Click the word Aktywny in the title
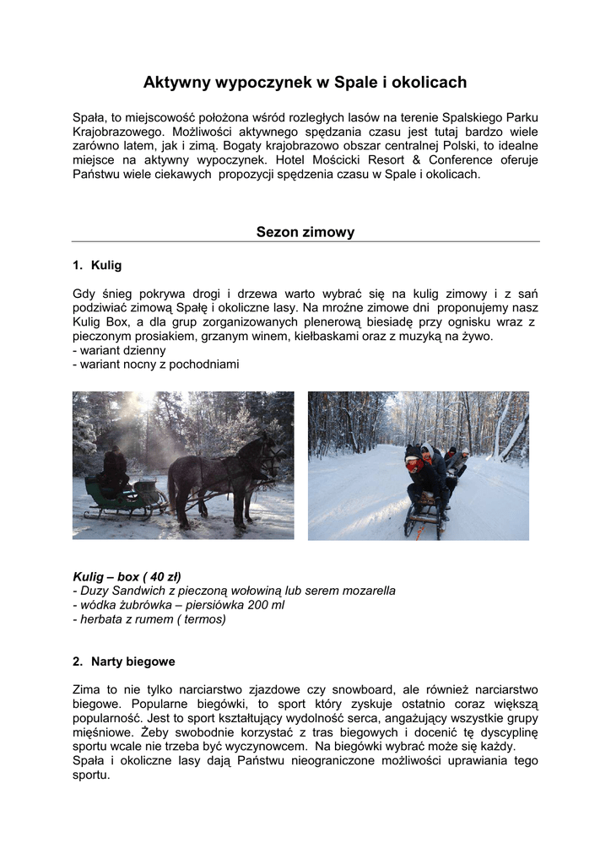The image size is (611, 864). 175,82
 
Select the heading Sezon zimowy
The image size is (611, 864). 305,232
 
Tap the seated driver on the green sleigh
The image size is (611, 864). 114,469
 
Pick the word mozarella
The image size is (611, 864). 365,591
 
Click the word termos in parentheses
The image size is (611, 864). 203,619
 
